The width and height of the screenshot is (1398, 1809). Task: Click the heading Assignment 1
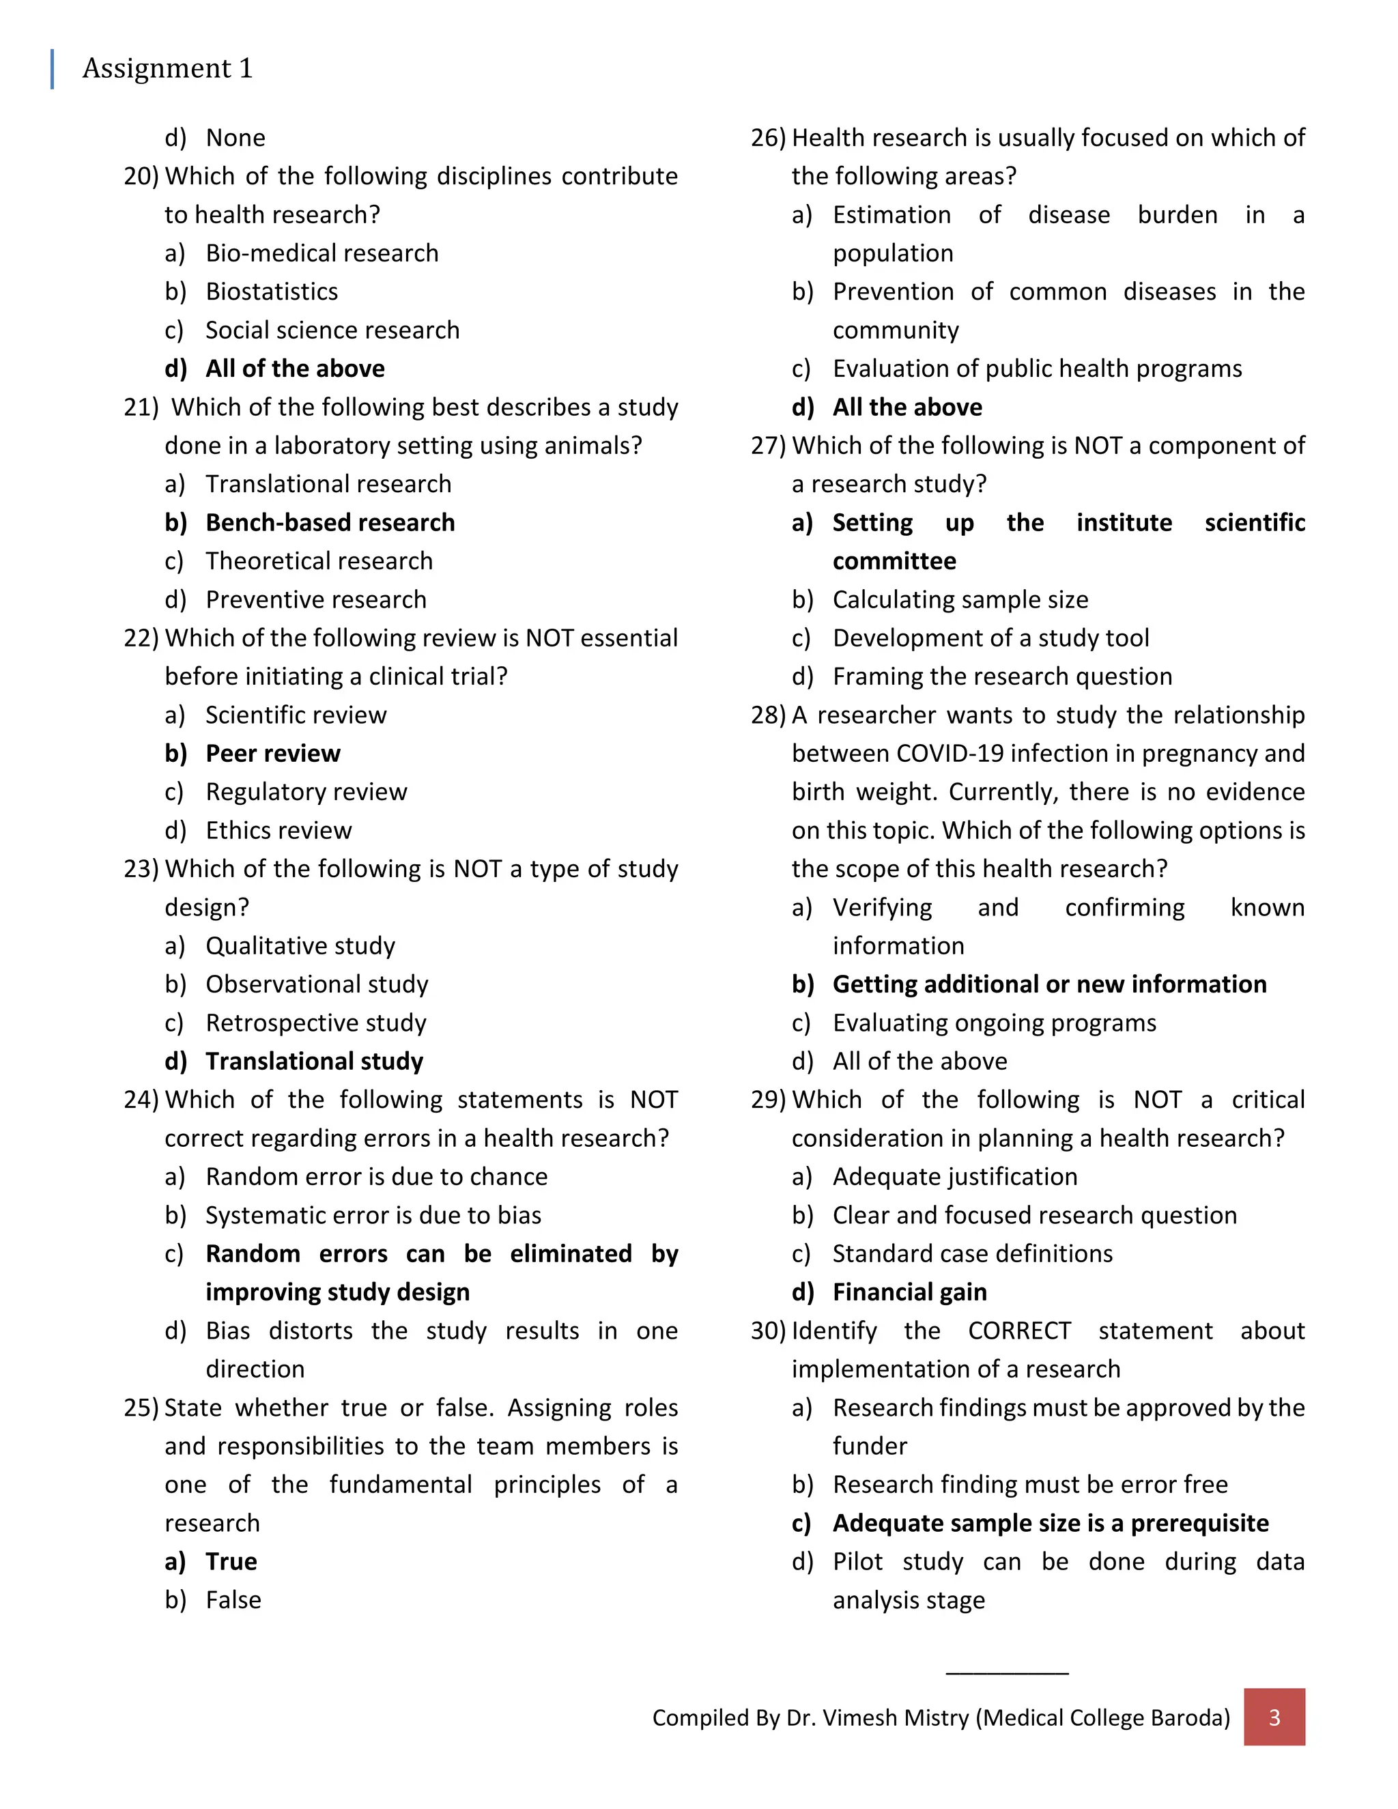(x=167, y=69)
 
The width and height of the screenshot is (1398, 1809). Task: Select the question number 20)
(x=141, y=176)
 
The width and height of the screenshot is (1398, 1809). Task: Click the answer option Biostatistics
(x=272, y=291)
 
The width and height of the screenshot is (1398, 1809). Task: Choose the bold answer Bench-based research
(x=330, y=523)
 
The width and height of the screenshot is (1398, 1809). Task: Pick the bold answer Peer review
(x=272, y=754)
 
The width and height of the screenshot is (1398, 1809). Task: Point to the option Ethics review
(x=279, y=831)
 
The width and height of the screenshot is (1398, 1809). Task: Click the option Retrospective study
(x=315, y=1023)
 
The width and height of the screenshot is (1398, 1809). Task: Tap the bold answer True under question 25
(x=231, y=1561)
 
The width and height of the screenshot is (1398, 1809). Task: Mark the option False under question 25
(x=233, y=1600)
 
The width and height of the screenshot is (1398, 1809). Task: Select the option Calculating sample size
(x=960, y=599)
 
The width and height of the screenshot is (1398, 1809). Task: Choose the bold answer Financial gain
(x=909, y=1292)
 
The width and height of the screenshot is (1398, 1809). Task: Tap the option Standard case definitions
(x=972, y=1254)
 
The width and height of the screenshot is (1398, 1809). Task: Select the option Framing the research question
(x=1002, y=676)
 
